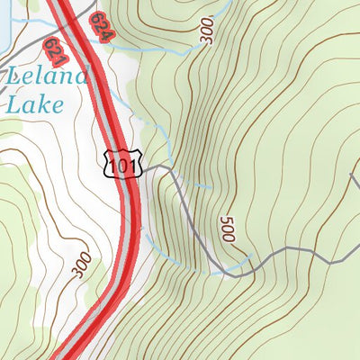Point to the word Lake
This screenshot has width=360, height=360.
(x=34, y=103)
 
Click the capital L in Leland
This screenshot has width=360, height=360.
(x=13, y=76)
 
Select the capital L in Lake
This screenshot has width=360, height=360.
(x=13, y=103)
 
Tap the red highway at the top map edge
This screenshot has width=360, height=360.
(x=58, y=3)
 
